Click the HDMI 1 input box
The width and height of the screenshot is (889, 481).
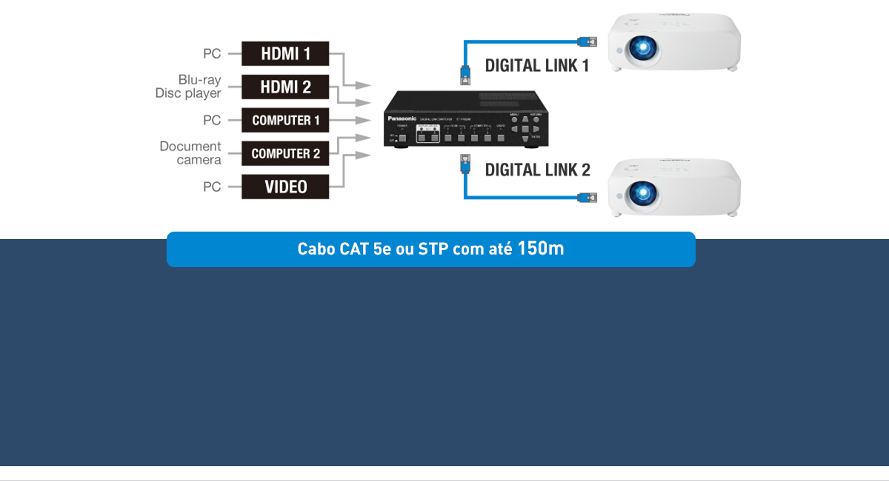(285, 54)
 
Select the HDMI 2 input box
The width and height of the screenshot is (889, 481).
(285, 87)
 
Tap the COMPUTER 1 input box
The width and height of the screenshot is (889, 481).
(285, 120)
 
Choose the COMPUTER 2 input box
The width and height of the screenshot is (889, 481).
(285, 154)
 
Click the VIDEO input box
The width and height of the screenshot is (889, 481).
(285, 186)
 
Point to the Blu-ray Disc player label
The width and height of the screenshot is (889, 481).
(188, 87)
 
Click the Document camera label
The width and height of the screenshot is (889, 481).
(190, 153)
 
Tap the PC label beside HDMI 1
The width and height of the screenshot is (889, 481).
(212, 54)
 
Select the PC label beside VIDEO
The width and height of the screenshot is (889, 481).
(212, 187)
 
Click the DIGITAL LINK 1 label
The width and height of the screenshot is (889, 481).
(537, 66)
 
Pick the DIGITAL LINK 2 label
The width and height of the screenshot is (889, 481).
(537, 170)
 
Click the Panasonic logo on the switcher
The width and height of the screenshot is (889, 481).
(402, 118)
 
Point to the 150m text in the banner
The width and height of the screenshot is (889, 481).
(541, 249)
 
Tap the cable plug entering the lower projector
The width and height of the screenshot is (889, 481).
(587, 197)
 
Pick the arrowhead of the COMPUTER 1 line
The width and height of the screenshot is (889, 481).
(364, 120)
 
